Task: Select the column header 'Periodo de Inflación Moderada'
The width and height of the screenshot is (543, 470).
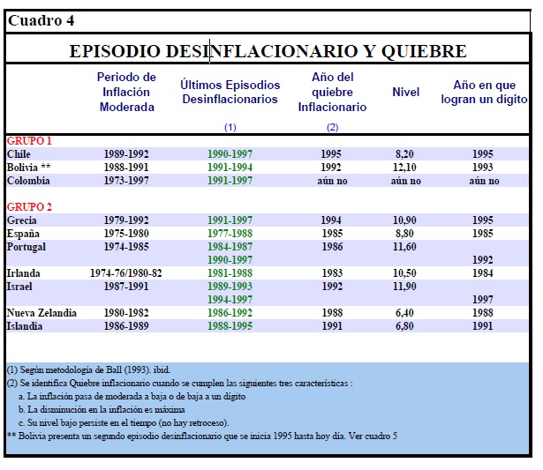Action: point(126,93)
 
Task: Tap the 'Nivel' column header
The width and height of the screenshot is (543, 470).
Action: point(405,93)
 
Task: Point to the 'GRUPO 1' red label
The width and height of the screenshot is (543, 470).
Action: point(28,141)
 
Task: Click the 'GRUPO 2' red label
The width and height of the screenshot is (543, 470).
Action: point(28,207)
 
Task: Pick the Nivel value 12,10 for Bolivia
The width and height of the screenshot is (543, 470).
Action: point(404,168)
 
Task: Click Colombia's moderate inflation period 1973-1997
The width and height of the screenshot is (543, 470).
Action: point(126,181)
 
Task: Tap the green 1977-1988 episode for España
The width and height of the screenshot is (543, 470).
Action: point(230,234)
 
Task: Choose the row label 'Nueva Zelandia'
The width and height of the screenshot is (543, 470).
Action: point(41,313)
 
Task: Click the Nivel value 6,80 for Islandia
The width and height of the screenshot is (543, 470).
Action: point(404,326)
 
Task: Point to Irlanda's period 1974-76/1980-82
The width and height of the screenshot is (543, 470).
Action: point(126,273)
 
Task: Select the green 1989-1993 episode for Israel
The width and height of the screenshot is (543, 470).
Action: point(230,287)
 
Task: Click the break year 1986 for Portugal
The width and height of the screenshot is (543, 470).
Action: point(332,247)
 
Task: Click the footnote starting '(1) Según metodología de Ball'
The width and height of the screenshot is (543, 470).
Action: point(86,369)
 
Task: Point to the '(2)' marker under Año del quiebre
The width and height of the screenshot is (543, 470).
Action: point(332,127)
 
